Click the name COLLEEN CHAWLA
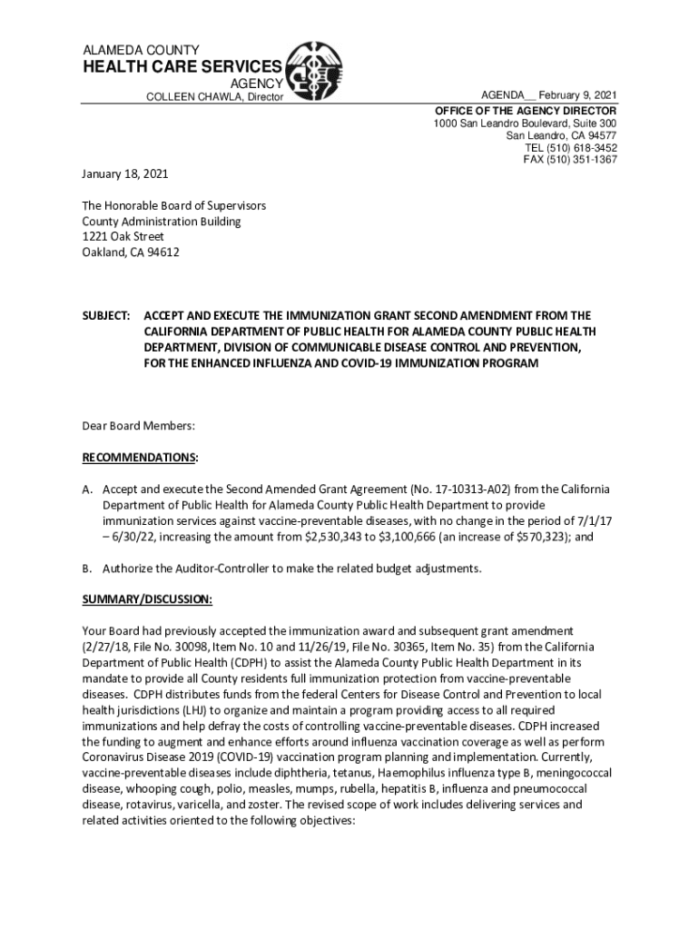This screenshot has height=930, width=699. coord(189,97)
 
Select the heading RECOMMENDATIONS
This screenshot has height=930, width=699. coord(139,457)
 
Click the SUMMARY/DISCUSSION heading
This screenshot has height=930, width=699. coord(147,600)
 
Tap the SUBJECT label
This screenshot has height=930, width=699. coord(105,315)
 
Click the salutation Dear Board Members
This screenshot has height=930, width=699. coord(139,425)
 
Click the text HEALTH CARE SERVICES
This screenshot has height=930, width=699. coord(182,67)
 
